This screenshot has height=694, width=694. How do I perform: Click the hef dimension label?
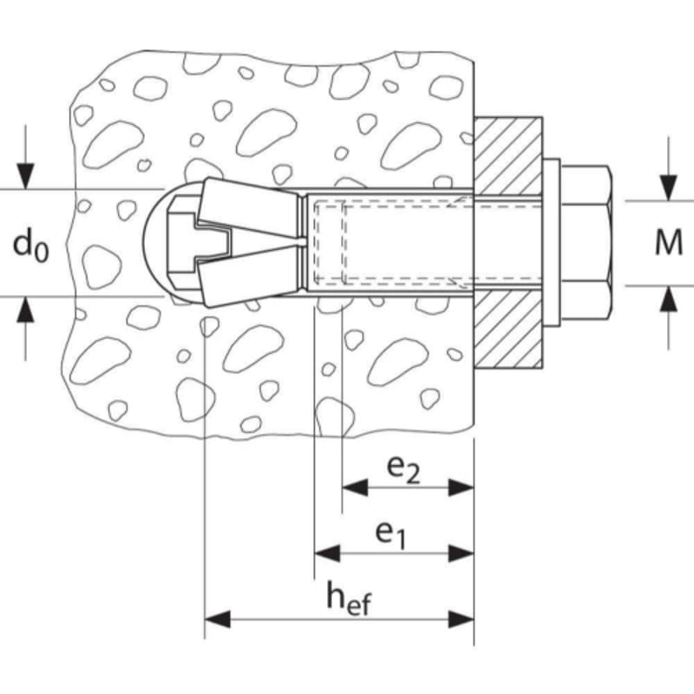pyautogui.click(x=348, y=599)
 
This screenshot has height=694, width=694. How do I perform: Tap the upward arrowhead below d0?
pyautogui.click(x=27, y=308)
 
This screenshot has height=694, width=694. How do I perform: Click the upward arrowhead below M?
pyautogui.click(x=667, y=298)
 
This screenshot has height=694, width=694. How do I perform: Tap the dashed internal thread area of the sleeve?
pyautogui.click(x=390, y=242)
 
